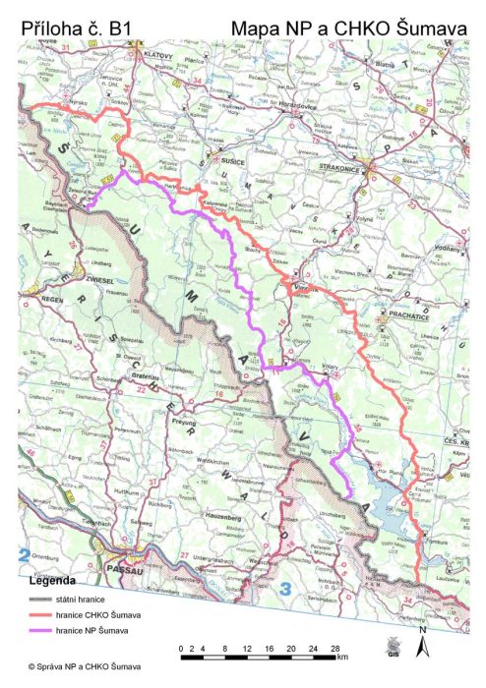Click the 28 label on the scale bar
click(x=335, y=649)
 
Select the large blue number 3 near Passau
click(x=285, y=590)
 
